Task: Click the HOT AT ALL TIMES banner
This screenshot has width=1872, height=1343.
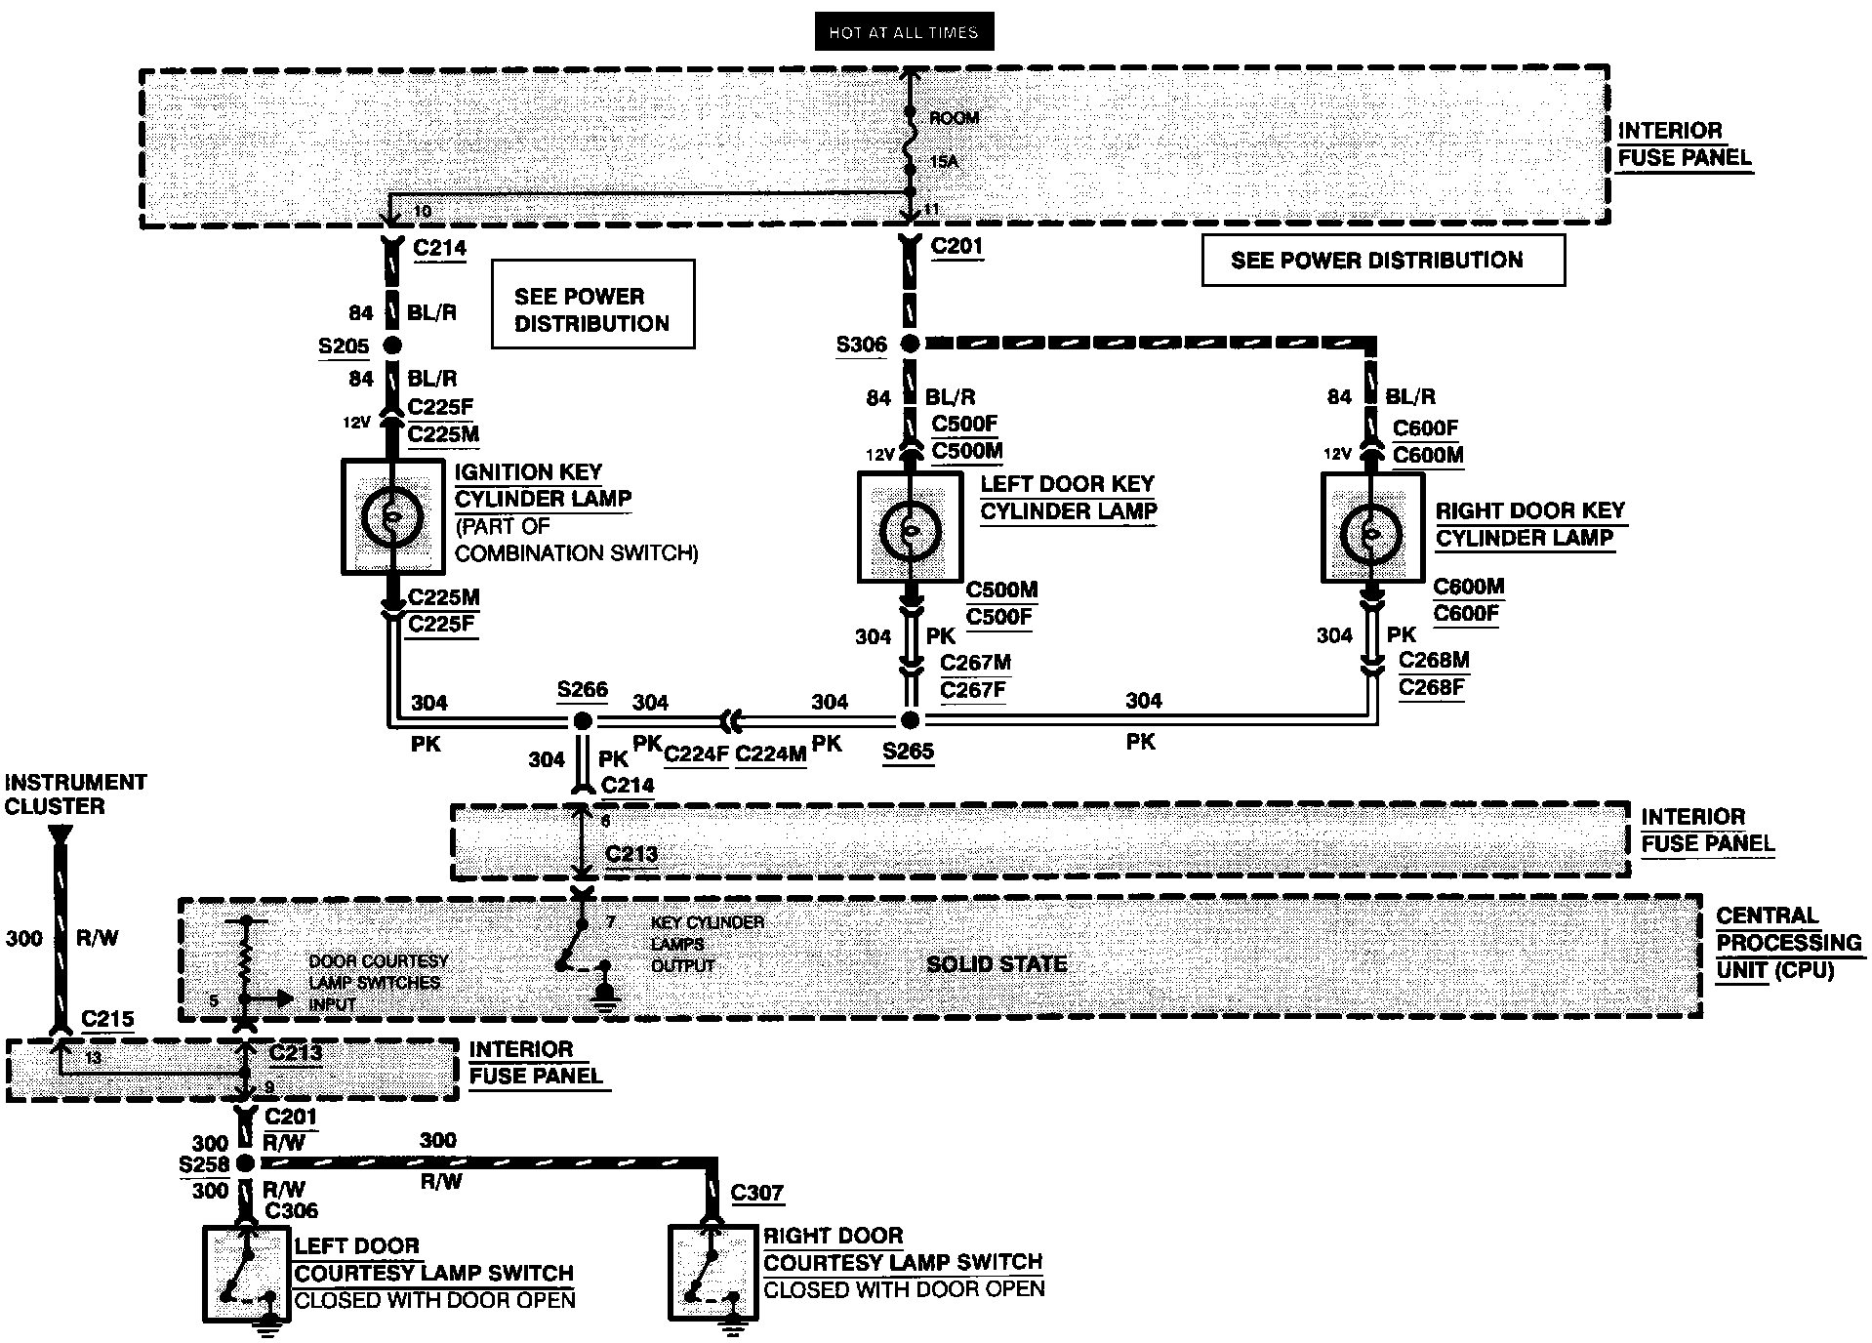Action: pyautogui.click(x=903, y=32)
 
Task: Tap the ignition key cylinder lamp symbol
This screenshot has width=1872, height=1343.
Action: pyautogui.click(x=391, y=517)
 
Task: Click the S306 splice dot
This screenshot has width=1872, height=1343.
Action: pyautogui.click(x=909, y=344)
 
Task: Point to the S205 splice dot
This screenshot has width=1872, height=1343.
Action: pyautogui.click(x=391, y=346)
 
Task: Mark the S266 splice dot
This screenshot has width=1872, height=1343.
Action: pyautogui.click(x=582, y=721)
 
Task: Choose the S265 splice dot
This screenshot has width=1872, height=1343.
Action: pyautogui.click(x=910, y=720)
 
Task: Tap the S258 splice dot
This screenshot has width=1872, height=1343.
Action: pyautogui.click(x=246, y=1163)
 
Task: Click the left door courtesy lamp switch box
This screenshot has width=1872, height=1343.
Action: pyautogui.click(x=247, y=1274)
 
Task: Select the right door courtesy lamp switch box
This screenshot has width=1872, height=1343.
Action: pyautogui.click(x=713, y=1273)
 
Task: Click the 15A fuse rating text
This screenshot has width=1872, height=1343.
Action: pyautogui.click(x=944, y=161)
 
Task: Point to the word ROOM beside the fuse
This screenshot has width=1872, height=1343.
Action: pyautogui.click(x=954, y=118)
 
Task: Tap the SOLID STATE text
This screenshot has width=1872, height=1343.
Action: pyautogui.click(x=997, y=964)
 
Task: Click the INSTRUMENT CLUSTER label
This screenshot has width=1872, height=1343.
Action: pyautogui.click(x=75, y=794)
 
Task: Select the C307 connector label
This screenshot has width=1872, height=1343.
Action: pyautogui.click(x=757, y=1193)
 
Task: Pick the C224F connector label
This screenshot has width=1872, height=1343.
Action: pyautogui.click(x=696, y=753)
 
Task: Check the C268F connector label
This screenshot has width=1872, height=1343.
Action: pyautogui.click(x=1432, y=688)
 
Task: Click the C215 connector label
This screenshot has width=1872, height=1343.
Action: pyautogui.click(x=107, y=1019)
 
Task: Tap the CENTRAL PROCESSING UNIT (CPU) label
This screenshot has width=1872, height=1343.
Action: pyautogui.click(x=1789, y=943)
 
